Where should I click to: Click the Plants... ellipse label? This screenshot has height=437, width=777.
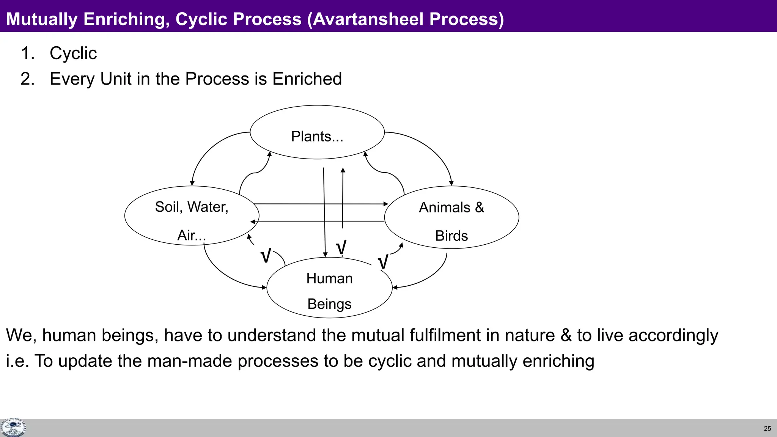pyautogui.click(x=317, y=137)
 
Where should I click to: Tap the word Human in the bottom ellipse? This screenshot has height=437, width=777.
pyautogui.click(x=329, y=278)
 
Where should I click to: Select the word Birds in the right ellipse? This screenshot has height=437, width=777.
pyautogui.click(x=451, y=236)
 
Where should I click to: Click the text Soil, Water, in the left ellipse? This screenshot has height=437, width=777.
pyautogui.click(x=192, y=207)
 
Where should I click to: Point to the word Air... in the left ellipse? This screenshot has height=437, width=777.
pyautogui.click(x=192, y=236)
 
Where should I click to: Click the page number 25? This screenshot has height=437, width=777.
pyautogui.click(x=767, y=429)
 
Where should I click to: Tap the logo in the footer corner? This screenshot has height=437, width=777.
pyautogui.click(x=13, y=428)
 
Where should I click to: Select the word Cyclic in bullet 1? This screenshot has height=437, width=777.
pyautogui.click(x=73, y=53)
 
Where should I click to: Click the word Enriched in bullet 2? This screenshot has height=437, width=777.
pyautogui.click(x=307, y=79)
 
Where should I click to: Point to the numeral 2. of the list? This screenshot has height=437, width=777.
pyautogui.click(x=27, y=79)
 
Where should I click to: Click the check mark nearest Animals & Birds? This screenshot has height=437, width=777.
pyautogui.click(x=383, y=262)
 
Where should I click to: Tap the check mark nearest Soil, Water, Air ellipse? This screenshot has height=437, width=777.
pyautogui.click(x=266, y=256)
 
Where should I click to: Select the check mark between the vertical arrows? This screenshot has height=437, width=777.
pyautogui.click(x=341, y=247)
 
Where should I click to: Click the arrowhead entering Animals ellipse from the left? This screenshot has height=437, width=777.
pyautogui.click(x=386, y=204)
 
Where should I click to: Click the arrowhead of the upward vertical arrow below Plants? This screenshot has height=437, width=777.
pyautogui.click(x=343, y=170)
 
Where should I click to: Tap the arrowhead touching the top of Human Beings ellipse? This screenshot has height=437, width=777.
pyautogui.click(x=325, y=255)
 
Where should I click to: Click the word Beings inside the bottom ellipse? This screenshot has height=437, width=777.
pyautogui.click(x=329, y=304)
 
